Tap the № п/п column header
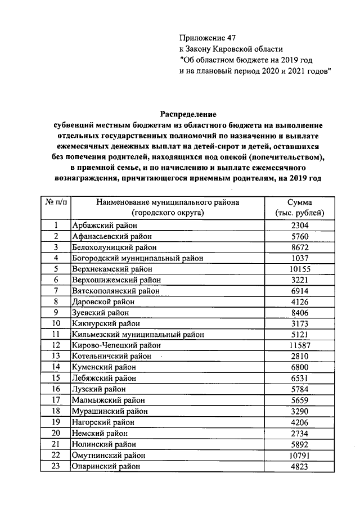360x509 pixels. click(x=55, y=202)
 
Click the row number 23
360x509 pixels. click(x=56, y=466)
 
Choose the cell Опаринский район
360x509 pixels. click(x=105, y=466)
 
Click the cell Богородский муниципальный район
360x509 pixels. click(x=137, y=258)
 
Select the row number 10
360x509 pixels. click(x=56, y=323)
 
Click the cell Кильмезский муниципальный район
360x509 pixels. click(x=138, y=334)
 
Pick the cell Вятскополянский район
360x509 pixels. click(x=116, y=291)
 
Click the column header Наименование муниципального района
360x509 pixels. click(x=168, y=202)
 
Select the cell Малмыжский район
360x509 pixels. click(x=108, y=400)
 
